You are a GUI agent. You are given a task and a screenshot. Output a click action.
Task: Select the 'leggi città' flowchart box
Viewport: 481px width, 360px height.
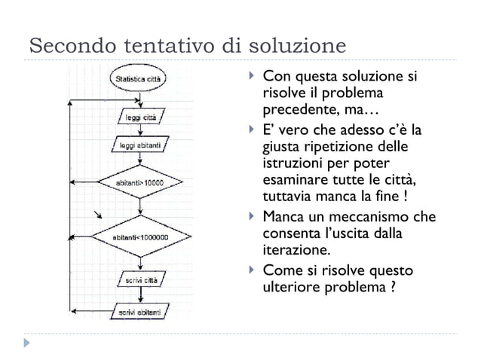click(140, 118)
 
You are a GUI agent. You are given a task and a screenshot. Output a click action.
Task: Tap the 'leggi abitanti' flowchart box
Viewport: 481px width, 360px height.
click(140, 145)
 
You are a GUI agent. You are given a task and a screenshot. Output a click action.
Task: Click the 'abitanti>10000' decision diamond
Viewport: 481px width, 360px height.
click(140, 183)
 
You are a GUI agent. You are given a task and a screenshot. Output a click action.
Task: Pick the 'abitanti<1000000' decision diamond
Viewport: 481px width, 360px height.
click(140, 238)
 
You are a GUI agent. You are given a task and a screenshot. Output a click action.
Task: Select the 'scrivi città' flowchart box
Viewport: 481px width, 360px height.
click(140, 281)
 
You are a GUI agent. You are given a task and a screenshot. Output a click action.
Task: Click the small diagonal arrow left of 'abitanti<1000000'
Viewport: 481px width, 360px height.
click(97, 218)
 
